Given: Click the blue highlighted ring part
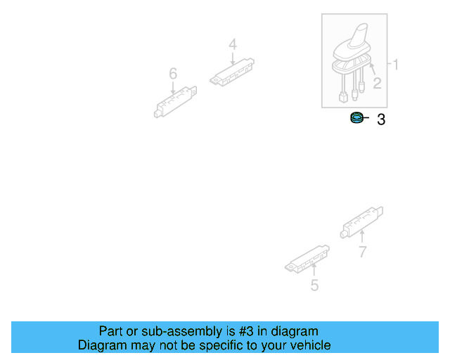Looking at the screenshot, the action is pos(356,117).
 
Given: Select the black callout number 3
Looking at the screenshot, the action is pos(381,120).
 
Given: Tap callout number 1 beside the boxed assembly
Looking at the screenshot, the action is pos(395,65).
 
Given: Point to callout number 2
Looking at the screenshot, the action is pos(377,83).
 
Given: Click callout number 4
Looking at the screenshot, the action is pos(233,44).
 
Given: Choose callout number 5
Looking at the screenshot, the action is pos(314,285).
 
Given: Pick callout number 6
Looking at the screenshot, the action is pos(173,74).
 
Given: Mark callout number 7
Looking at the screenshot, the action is pos(363,252).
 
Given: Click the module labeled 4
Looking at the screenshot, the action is pos(232,72).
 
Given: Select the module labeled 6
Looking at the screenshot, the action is pos(175,102).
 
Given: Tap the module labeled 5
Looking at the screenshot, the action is pos(307,259).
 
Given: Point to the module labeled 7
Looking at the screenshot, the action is pos(361,222).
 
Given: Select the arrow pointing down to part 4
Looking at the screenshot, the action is pos(233,58).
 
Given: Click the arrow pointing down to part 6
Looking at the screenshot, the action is pos(173,88).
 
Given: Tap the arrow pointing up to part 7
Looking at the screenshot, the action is pos(362,236).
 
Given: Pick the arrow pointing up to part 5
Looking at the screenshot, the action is pos(314,269).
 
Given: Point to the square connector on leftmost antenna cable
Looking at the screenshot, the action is pos(343,97).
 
